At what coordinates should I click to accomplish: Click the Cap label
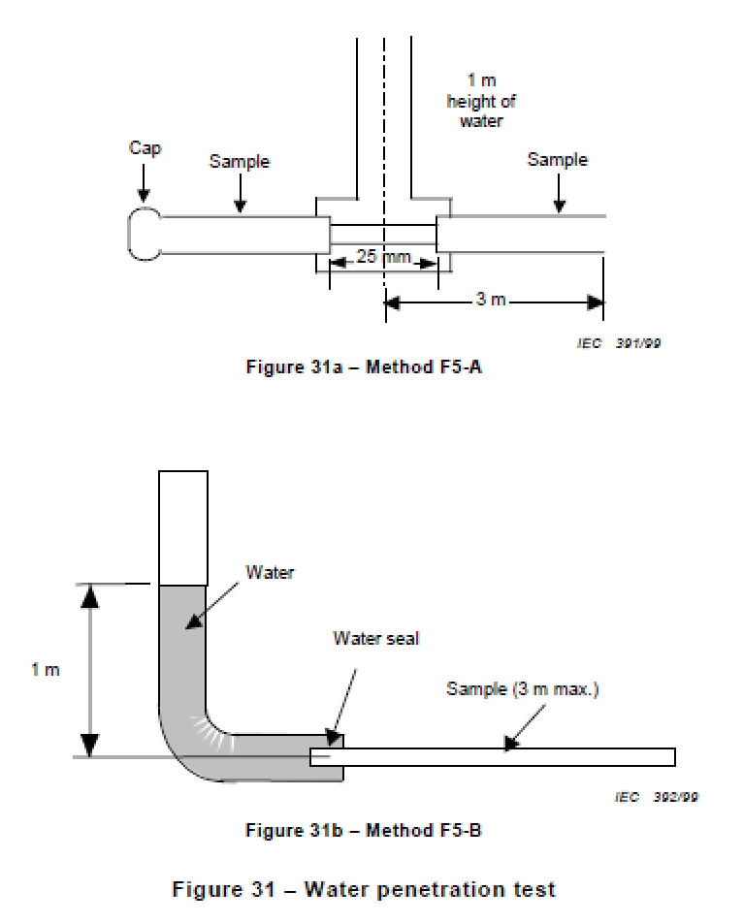click(145, 147)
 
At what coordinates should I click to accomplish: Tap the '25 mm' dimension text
click(383, 257)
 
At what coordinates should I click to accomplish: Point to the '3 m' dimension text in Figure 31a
click(491, 299)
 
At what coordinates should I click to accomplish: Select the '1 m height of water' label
click(481, 101)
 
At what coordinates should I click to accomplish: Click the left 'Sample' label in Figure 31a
click(240, 161)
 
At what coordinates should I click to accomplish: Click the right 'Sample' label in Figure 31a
click(558, 160)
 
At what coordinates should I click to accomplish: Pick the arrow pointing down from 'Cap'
click(144, 183)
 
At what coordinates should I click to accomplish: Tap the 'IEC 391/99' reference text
click(619, 343)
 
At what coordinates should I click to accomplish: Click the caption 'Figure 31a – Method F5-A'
click(364, 366)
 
